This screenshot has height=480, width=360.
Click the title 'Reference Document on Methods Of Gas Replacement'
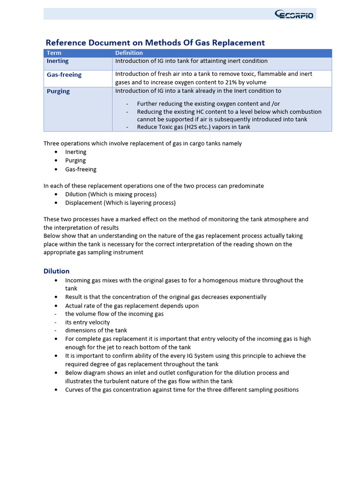tap(155, 43)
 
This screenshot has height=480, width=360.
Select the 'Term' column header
tap(54, 53)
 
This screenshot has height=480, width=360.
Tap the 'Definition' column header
tap(129, 53)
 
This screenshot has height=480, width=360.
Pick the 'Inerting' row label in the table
tap(58, 61)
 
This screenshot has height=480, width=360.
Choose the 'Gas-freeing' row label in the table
tap(64, 75)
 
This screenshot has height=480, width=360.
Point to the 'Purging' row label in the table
tap(58, 91)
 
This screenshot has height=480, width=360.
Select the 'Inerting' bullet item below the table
tap(76, 152)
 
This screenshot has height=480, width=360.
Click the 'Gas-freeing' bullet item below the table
tap(81, 169)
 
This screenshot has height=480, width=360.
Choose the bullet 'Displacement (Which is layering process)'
tap(120, 203)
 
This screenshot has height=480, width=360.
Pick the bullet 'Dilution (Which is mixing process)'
tap(111, 194)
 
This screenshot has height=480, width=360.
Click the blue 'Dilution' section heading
tap(56, 271)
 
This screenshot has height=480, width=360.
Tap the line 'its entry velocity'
tap(88, 322)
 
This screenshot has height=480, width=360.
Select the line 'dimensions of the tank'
tap(96, 330)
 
